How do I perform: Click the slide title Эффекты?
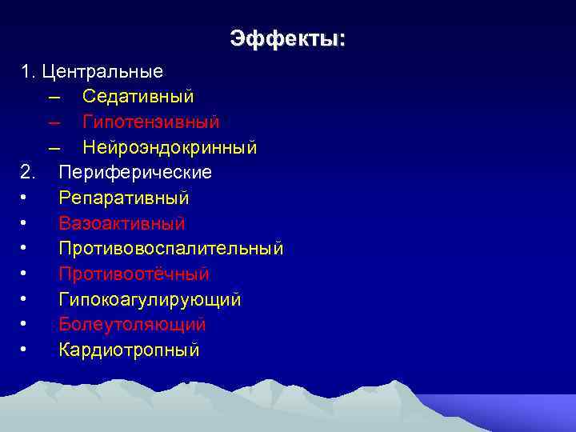[x=288, y=38]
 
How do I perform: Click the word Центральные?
[x=103, y=71]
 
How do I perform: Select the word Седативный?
[x=138, y=97]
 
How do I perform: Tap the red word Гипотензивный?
[x=150, y=122]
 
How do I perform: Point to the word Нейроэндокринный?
[x=169, y=147]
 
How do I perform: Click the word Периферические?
[x=135, y=172]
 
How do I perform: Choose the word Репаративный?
[x=123, y=198]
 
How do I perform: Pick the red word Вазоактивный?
[x=122, y=223]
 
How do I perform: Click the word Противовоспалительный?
[x=170, y=248]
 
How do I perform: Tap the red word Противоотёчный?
[x=134, y=274]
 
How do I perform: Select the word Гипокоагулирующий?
[x=150, y=299]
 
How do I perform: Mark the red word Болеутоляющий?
[x=132, y=325]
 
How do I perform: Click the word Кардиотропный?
[x=129, y=350]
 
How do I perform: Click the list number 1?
[x=28, y=71]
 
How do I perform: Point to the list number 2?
[x=28, y=172]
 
